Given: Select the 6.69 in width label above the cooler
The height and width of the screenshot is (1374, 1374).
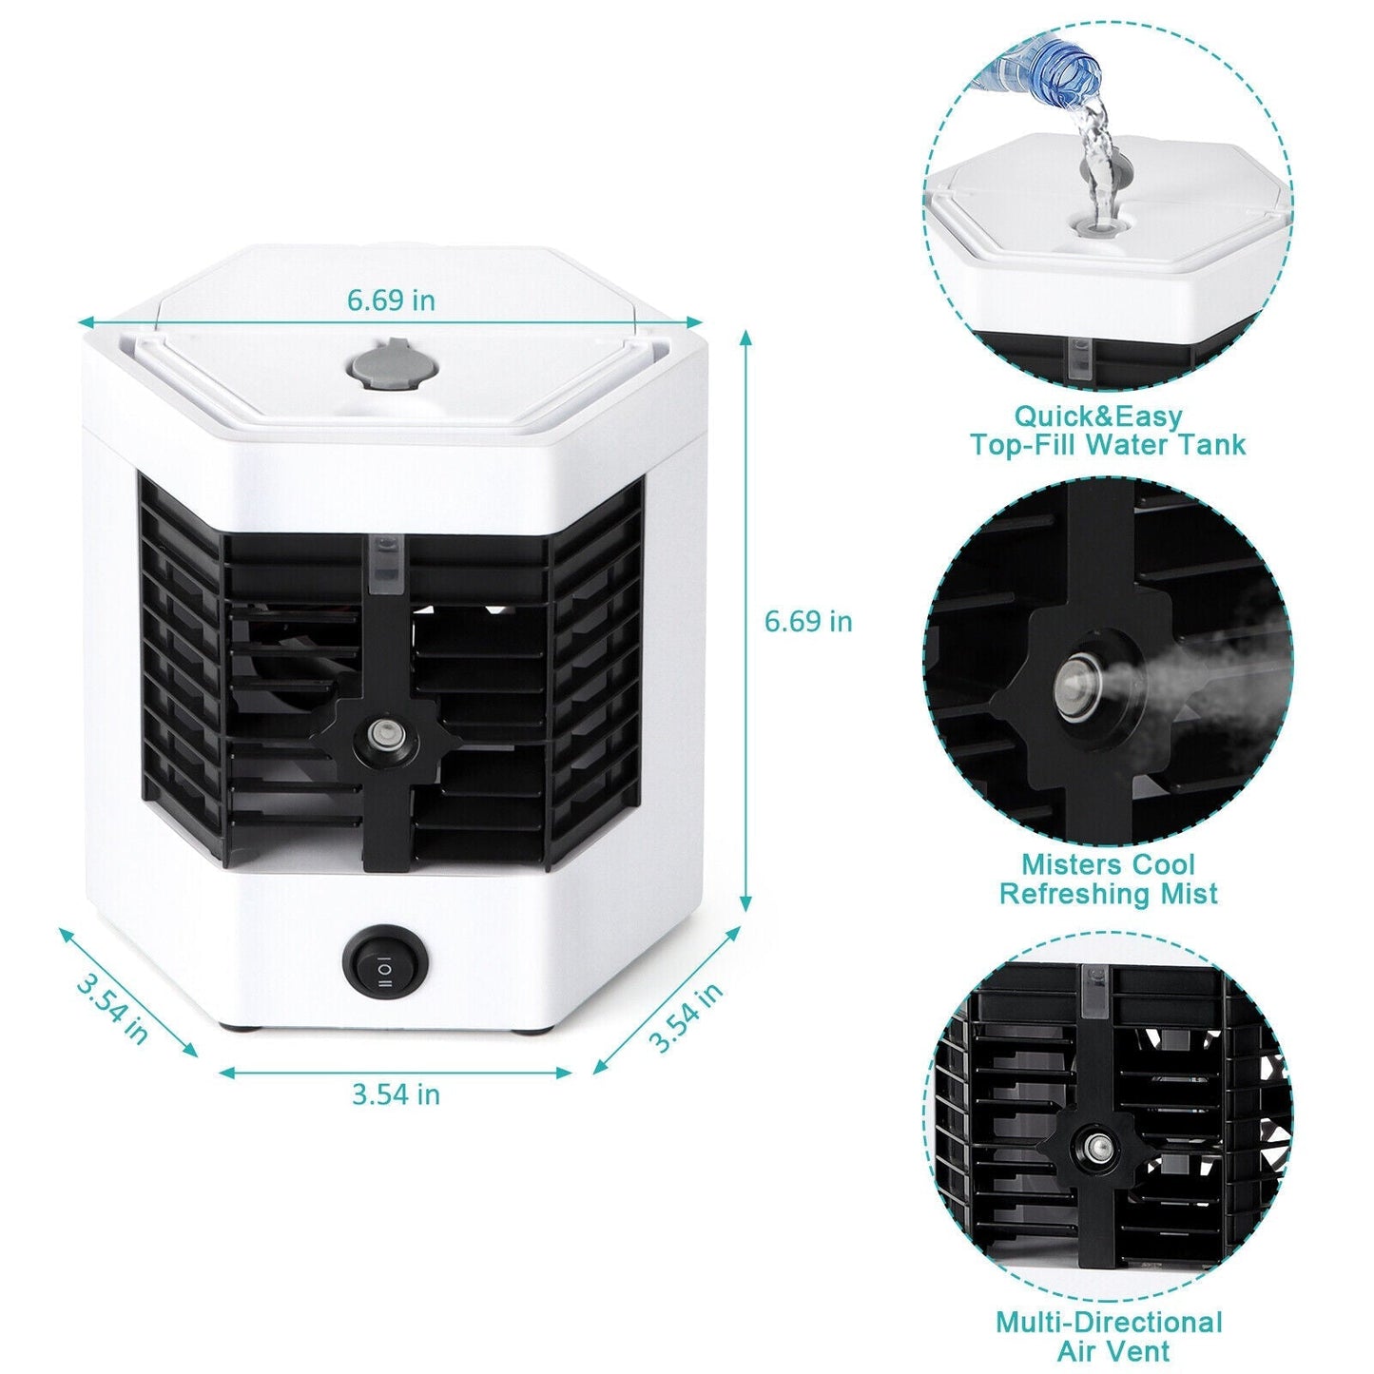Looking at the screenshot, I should coord(391,300).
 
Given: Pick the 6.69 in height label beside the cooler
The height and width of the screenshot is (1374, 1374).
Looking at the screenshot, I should coord(808,622).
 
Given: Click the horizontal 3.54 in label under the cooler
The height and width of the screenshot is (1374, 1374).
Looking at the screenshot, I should coord(396,1094).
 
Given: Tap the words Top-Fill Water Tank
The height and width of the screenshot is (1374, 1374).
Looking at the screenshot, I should coord(1108,445).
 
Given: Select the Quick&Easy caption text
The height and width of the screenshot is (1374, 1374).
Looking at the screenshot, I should coord(1097,416).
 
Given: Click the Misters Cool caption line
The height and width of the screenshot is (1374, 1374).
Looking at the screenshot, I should coord(1108,865).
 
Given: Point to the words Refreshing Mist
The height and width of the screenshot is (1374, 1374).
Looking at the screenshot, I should coord(1108,894).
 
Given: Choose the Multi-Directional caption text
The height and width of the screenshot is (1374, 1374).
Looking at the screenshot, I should coord(1109,1323).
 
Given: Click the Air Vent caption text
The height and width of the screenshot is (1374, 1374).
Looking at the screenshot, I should coord(1113,1351).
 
